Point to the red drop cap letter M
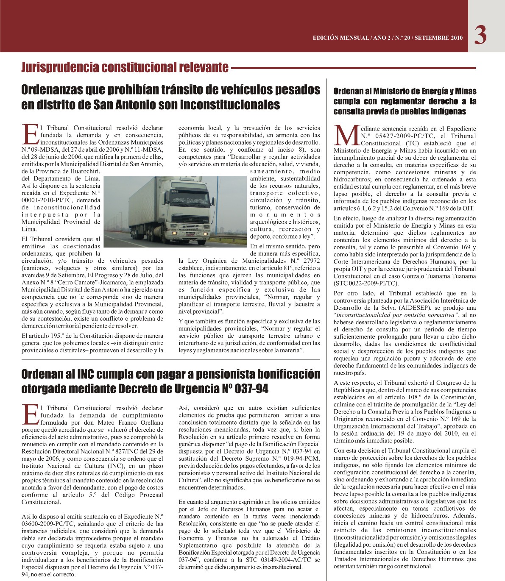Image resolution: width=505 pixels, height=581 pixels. [346, 135]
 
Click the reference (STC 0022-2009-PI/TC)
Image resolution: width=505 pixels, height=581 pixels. [366, 284]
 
